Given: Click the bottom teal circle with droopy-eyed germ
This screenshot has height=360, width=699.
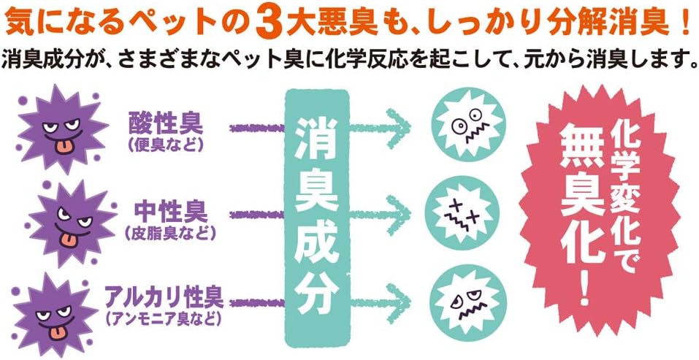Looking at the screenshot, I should coord(465,302).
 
